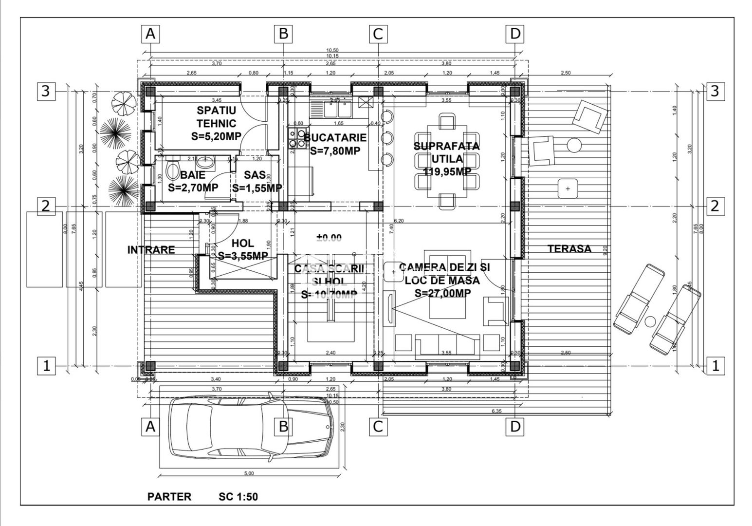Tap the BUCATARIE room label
335,137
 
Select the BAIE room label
193,175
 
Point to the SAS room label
255,175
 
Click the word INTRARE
151,250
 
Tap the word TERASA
569,249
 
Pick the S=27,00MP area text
442,293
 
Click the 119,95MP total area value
446,171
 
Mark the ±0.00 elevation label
329,238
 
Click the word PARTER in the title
169,497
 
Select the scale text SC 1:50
238,497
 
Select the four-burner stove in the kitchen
294,138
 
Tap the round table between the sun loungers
650,321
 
